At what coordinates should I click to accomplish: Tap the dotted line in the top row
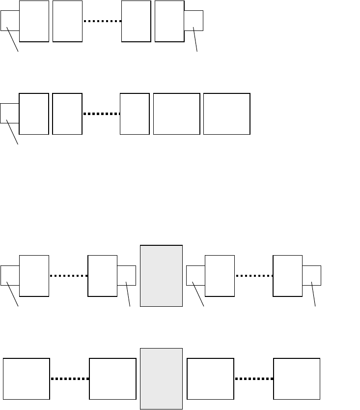pos(102,21)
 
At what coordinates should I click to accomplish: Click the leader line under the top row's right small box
pos(195,40)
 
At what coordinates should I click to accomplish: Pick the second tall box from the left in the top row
pos(67,21)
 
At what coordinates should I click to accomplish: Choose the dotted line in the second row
pos(101,114)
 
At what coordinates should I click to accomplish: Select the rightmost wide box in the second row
pos(226,114)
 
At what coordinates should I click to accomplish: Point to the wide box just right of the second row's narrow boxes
pos(176,114)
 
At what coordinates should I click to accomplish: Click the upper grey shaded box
pos(161,276)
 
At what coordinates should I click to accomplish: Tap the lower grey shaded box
pos(161,379)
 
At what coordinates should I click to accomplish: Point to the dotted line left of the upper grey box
pos(68,276)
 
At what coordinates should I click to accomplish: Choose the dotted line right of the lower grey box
pos(254,379)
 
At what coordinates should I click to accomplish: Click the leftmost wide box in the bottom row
pos(27,379)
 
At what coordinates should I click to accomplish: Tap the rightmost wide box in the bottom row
pos(296,379)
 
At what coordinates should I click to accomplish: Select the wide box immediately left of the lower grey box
pos(112,379)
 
